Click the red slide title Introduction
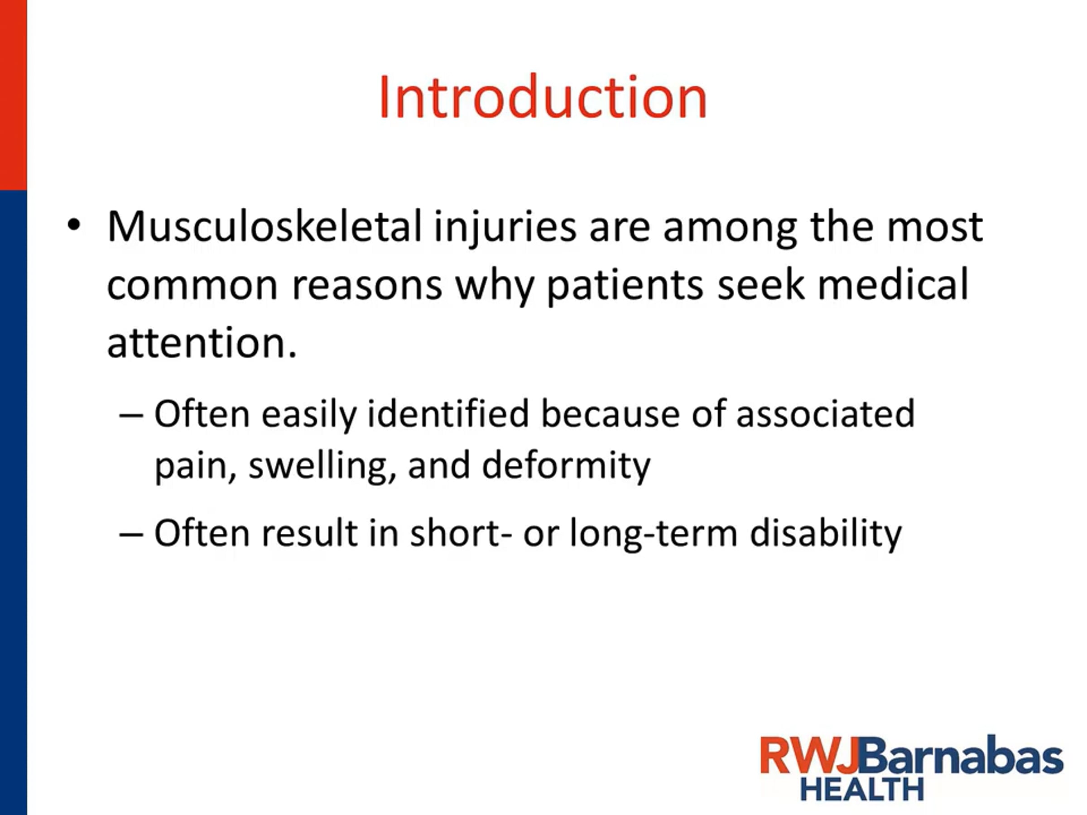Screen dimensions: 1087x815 (x=543, y=97)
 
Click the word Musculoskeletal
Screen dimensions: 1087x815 (x=265, y=226)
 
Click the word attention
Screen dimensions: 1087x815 (x=202, y=342)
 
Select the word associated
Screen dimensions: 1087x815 (x=826, y=414)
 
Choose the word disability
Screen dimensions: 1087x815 (x=826, y=533)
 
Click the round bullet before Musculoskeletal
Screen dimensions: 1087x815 (x=73, y=225)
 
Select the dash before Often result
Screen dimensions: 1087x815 (x=131, y=534)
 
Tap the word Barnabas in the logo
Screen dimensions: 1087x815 (x=961, y=755)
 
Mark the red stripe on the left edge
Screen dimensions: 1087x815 (x=13, y=95)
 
